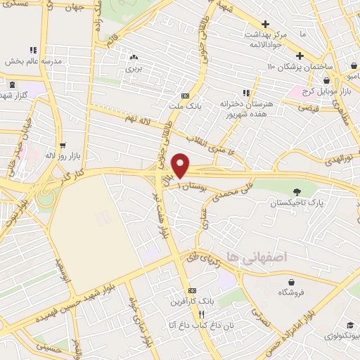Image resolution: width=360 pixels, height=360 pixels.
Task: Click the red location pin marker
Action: pyautogui.click(x=181, y=165)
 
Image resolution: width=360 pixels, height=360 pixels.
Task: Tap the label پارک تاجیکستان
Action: pyautogui.click(x=298, y=202)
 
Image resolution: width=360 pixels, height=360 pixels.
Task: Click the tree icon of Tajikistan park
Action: pyautogui.click(x=298, y=191)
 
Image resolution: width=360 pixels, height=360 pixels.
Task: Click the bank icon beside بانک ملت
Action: pyautogui.click(x=185, y=96)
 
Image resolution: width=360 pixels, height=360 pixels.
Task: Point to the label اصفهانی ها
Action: pyautogui.click(x=246, y=259)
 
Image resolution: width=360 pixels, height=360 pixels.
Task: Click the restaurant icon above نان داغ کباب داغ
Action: pyautogui.click(x=201, y=314)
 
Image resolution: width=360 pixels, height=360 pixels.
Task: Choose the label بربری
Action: pyautogui.click(x=134, y=69)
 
